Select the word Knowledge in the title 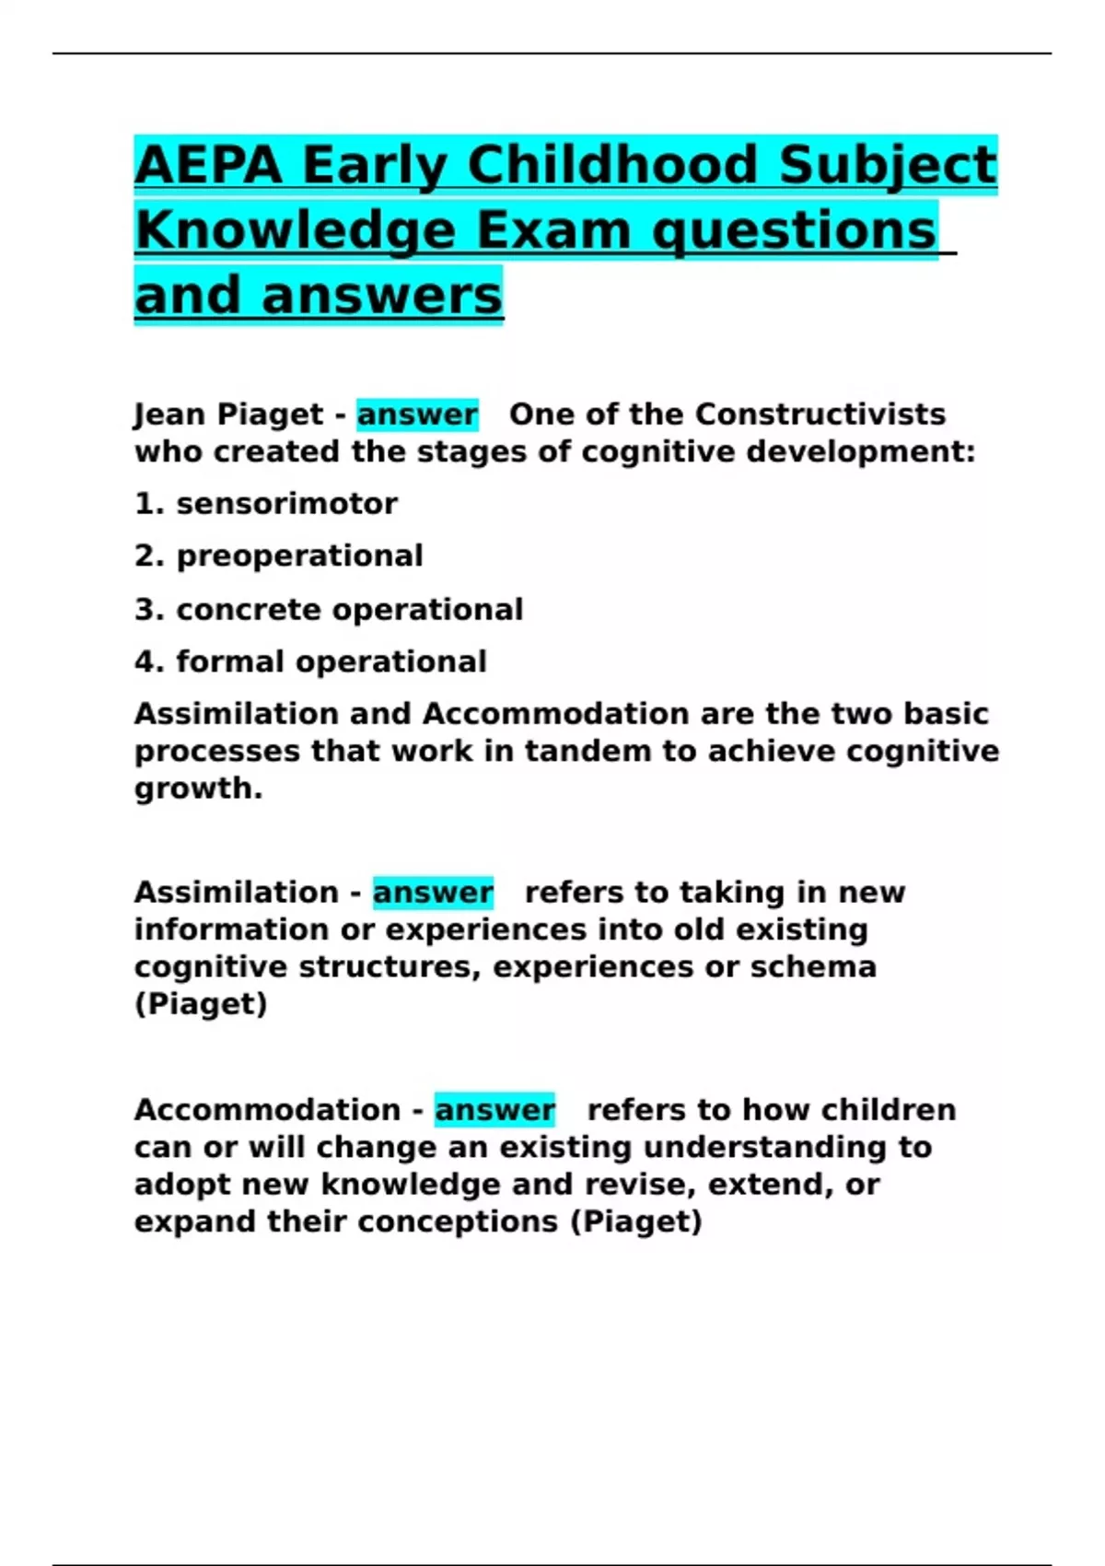295,230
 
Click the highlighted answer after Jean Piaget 417,415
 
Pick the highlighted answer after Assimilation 433,893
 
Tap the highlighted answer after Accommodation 494,1110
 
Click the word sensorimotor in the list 286,504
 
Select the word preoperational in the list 299,556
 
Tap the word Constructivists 820,415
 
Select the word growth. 197,789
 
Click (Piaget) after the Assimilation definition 201,1004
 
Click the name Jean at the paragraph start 168,415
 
